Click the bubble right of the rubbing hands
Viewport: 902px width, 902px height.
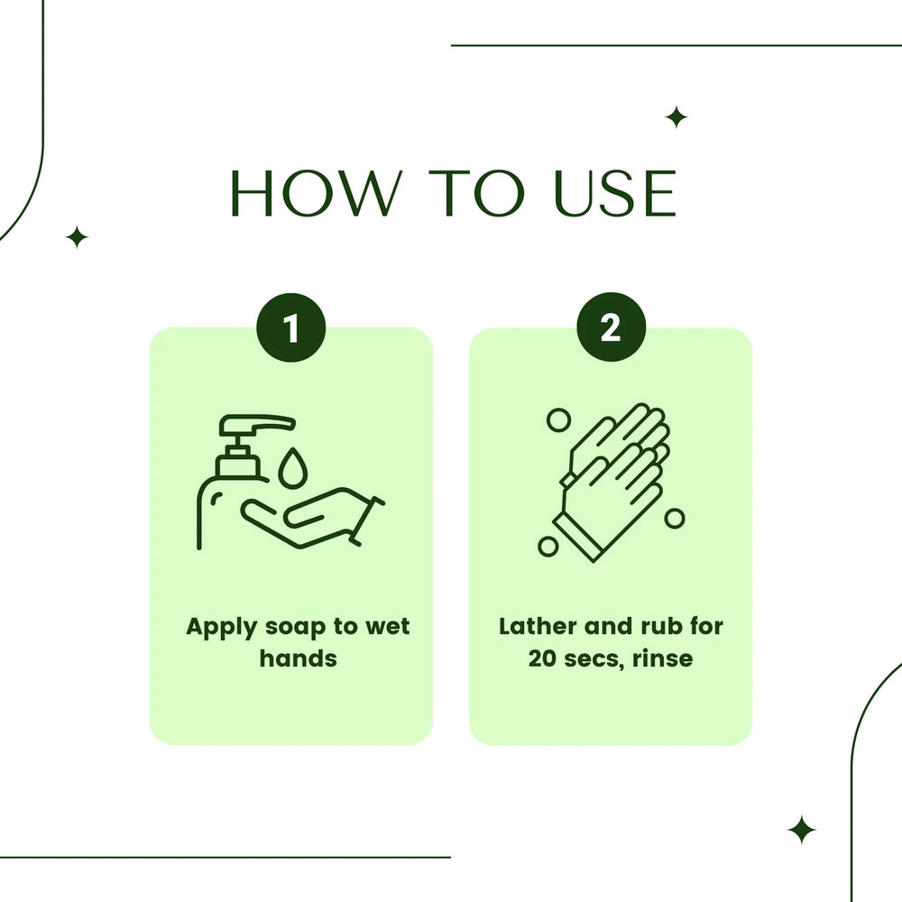point(675,518)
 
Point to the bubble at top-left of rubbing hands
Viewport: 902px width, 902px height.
point(559,419)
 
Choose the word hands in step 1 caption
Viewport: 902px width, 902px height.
point(298,658)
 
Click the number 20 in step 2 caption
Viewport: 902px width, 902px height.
point(545,658)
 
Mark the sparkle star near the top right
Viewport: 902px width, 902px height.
point(676,117)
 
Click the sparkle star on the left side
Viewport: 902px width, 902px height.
point(78,237)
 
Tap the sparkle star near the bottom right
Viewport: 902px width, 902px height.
point(801,830)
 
